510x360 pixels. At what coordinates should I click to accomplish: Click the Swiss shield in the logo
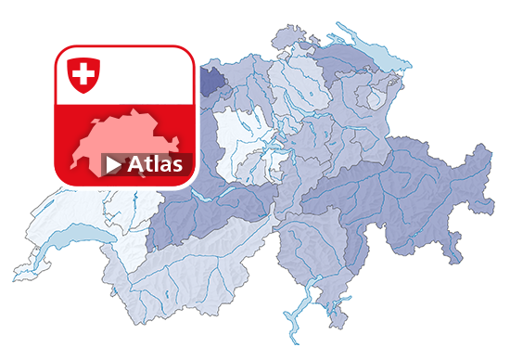83,73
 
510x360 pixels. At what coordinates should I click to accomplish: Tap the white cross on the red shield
83,72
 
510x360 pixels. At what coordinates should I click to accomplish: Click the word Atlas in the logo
155,164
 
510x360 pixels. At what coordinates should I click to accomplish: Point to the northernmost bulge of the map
287,35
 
